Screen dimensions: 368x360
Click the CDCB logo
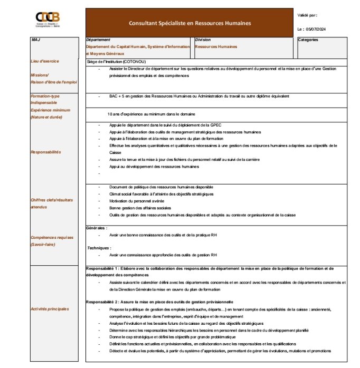click(x=48, y=19)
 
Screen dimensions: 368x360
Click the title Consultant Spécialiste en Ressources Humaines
click(x=190, y=23)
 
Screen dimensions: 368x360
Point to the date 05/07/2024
click(x=316, y=29)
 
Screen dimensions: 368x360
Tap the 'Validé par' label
click(x=307, y=15)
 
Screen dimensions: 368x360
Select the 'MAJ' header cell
click(x=36, y=40)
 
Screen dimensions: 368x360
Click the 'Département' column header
click(x=98, y=40)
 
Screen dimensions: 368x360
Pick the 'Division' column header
click(x=203, y=40)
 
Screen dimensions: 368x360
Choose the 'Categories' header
click(x=308, y=40)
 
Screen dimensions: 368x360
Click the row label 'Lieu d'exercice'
click(x=45, y=61)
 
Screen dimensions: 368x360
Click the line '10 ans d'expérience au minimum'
click(x=151, y=114)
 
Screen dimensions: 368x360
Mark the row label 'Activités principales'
click(x=50, y=308)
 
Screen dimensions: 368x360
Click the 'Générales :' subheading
click(x=97, y=228)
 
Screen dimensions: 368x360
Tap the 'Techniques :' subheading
click(x=99, y=248)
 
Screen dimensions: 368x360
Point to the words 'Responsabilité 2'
click(x=102, y=302)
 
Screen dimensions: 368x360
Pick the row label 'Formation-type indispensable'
click(x=45, y=100)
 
